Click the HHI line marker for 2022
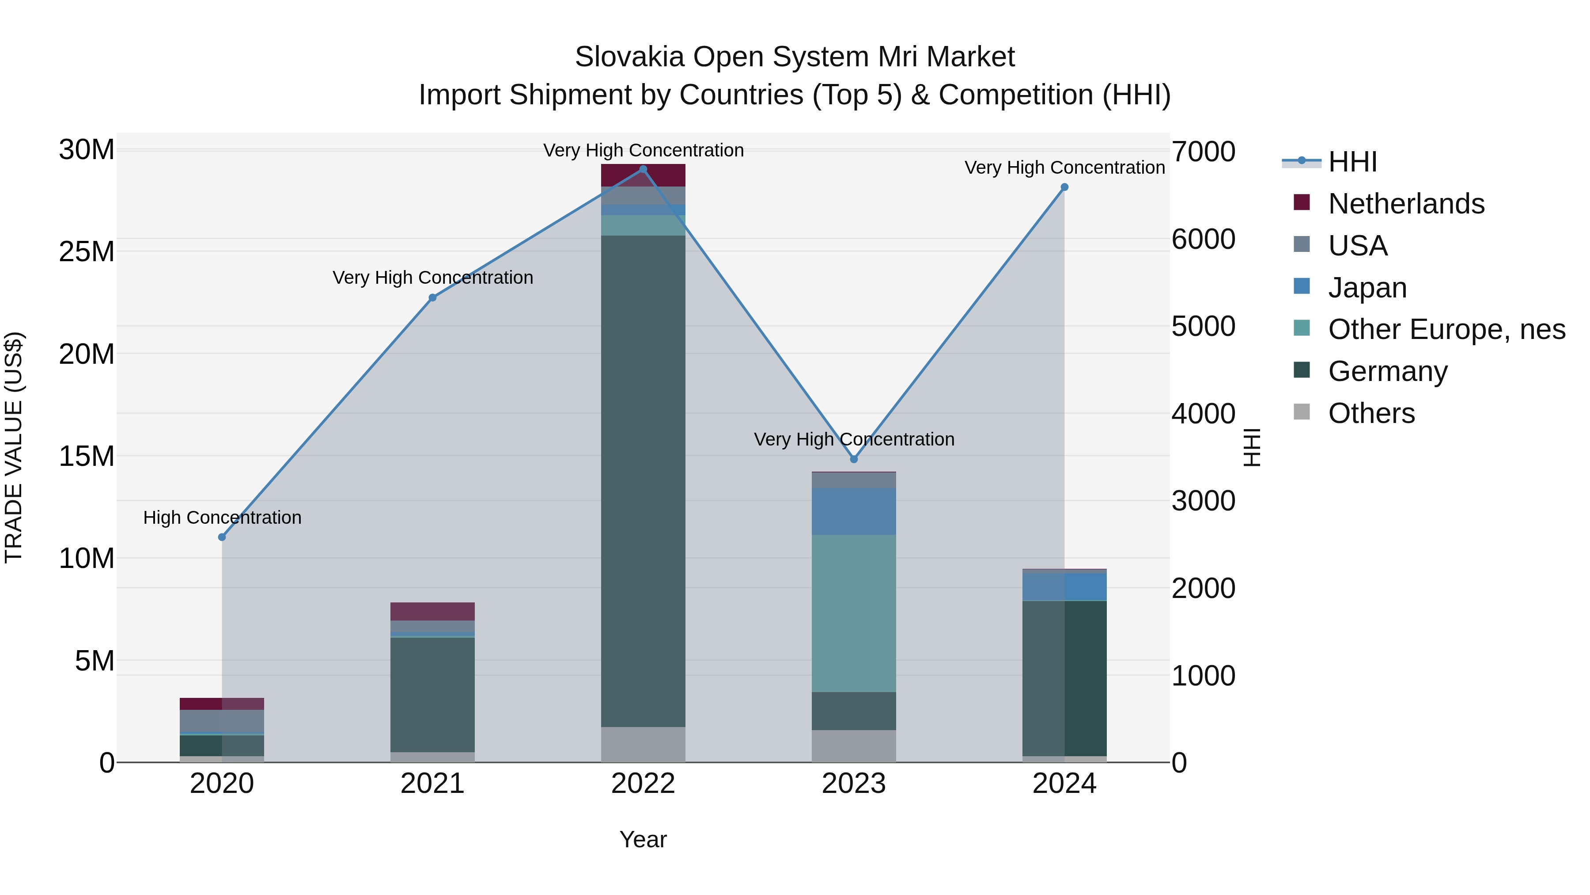tap(643, 169)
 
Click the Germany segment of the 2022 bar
tap(643, 482)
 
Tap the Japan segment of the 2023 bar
tap(854, 511)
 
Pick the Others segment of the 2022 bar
tap(643, 744)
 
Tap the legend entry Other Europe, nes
tap(1446, 329)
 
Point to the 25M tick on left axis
tap(87, 252)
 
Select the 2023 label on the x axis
tap(854, 784)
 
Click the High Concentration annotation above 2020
tap(222, 517)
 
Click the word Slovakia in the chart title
tap(629, 57)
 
